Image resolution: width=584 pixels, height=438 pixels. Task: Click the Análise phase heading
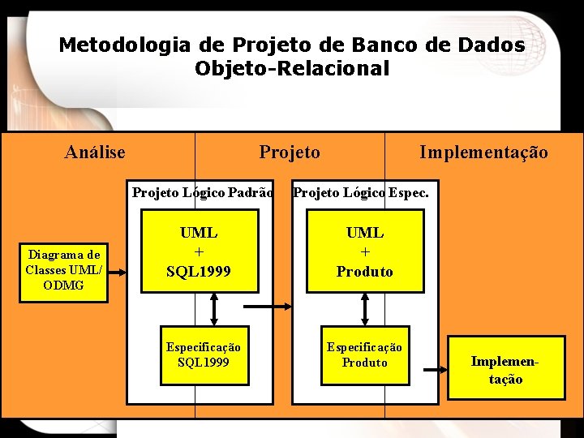(96, 152)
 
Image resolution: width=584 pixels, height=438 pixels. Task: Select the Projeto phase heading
(290, 152)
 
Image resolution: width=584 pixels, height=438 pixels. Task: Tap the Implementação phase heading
(483, 152)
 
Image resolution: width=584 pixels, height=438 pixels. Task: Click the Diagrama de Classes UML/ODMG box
(63, 269)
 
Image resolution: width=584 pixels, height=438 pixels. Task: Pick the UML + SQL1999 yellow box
(199, 251)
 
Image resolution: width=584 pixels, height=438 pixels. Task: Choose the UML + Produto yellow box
(365, 251)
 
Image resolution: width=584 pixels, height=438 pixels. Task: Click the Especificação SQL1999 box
(204, 354)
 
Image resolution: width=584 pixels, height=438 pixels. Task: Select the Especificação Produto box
(364, 354)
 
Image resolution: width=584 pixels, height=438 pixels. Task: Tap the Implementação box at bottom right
(506, 369)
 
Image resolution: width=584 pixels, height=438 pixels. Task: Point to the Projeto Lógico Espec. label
(361, 193)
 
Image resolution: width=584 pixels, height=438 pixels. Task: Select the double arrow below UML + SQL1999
(214, 308)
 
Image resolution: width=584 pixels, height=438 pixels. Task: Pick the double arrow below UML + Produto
(365, 308)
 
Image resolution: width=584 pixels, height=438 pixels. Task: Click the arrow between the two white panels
(268, 307)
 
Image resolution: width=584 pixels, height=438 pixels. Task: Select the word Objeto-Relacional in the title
(292, 69)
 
